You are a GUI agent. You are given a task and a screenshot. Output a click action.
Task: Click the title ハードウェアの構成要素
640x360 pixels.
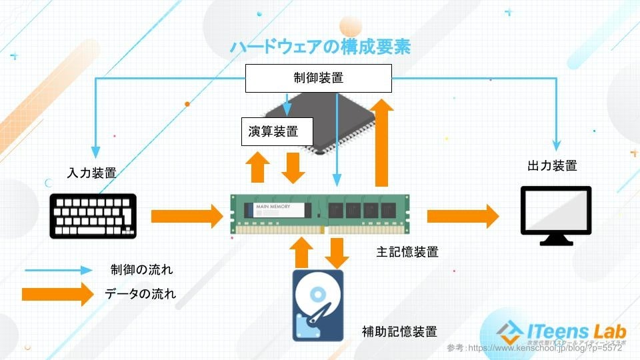pyautogui.click(x=320, y=47)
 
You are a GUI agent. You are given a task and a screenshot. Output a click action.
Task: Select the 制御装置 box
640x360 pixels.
pyautogui.click(x=319, y=78)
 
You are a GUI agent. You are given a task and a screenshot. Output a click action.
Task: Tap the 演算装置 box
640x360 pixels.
pyautogui.click(x=277, y=131)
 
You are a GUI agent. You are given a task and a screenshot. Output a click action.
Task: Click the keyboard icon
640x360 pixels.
pyautogui.click(x=93, y=215)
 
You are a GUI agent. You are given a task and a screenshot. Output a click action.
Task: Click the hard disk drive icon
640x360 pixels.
pyautogui.click(x=318, y=305)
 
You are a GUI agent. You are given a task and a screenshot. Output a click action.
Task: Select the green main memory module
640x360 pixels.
pyautogui.click(x=320, y=214)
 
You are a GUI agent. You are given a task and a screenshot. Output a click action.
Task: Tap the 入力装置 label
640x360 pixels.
pyautogui.click(x=92, y=173)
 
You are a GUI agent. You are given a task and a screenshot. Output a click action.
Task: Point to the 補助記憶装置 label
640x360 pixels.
pyautogui.click(x=399, y=331)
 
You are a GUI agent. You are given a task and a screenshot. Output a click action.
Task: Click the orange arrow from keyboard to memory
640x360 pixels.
pyautogui.click(x=187, y=216)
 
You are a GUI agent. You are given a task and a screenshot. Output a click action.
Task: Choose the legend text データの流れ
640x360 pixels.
pyautogui.click(x=141, y=293)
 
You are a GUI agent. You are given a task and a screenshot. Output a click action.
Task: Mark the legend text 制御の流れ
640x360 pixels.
pyautogui.click(x=141, y=270)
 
